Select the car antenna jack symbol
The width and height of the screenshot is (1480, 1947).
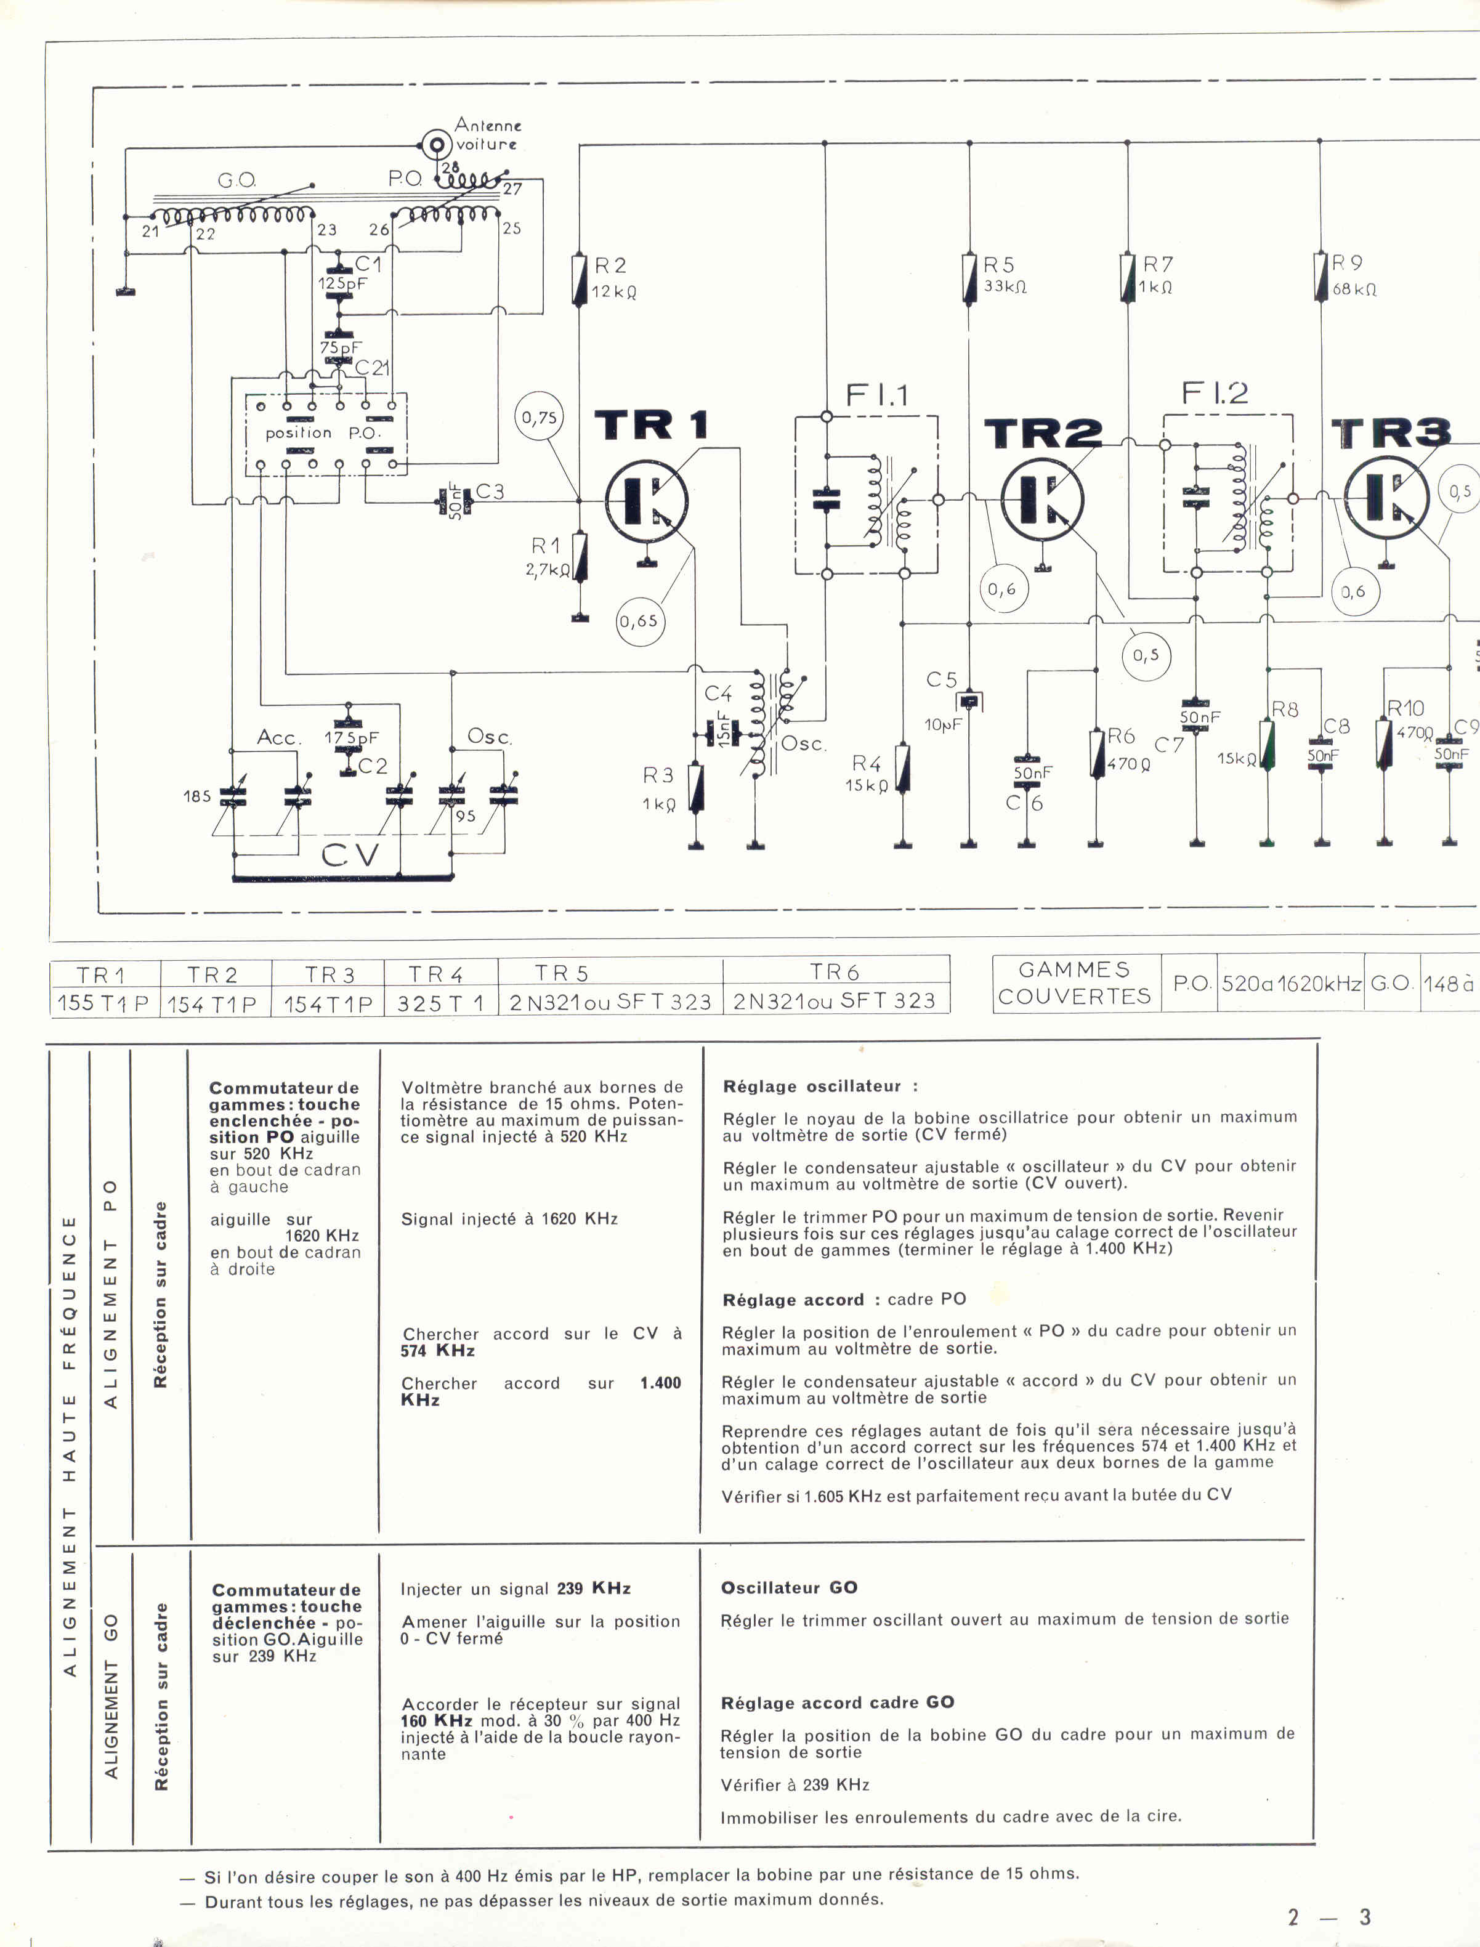coord(435,144)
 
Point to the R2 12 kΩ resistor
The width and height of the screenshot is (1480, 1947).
coord(580,280)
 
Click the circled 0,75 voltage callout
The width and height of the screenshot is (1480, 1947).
coord(539,418)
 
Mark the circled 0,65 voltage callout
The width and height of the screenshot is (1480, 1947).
coord(639,621)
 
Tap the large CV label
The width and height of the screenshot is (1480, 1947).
coord(350,854)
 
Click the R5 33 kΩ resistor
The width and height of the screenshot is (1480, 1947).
coord(969,278)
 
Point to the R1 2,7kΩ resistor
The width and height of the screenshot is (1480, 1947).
coord(580,557)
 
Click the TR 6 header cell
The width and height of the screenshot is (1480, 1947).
coord(835,972)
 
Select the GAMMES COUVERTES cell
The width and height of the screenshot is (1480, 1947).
coord(1074,983)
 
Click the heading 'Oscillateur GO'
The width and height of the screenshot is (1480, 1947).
coord(788,1587)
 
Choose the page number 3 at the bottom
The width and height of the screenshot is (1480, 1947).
coord(1365,1917)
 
